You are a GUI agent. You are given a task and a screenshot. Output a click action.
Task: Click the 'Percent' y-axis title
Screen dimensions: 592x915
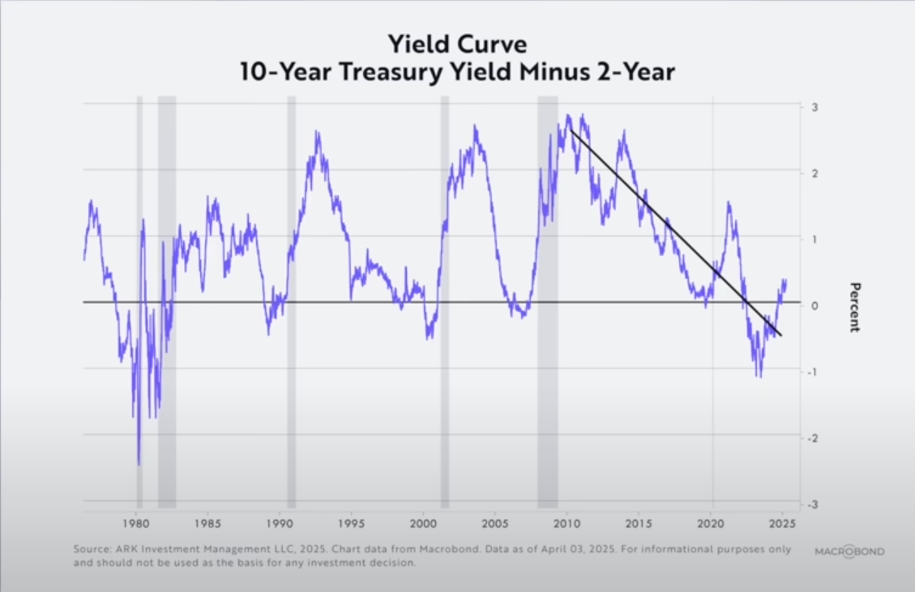pyautogui.click(x=853, y=307)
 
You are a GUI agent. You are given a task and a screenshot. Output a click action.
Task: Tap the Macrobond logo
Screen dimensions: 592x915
pyautogui.click(x=849, y=552)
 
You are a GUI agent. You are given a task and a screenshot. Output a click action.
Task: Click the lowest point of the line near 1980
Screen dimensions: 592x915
pyautogui.click(x=139, y=464)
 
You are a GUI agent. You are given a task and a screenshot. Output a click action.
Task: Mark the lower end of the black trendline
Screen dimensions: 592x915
pyautogui.click(x=781, y=335)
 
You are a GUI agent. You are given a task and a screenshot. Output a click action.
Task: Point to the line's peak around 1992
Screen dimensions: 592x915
pyautogui.click(x=317, y=131)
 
